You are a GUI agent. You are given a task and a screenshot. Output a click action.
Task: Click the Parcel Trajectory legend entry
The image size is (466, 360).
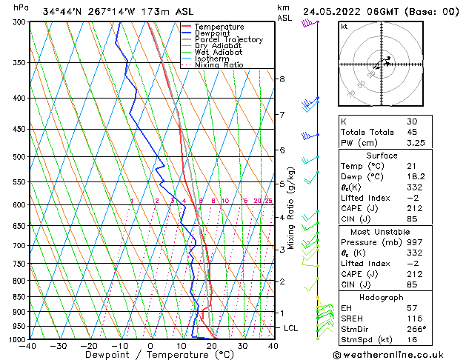coord(228,39)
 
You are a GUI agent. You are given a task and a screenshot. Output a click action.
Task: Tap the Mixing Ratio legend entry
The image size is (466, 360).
coord(219,65)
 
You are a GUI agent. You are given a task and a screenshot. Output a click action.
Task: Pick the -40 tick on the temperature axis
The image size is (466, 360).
coord(29,346)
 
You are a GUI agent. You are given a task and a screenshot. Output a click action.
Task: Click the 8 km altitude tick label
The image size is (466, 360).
coord(282,79)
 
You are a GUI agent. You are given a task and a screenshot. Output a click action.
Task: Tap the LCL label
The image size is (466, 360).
coord(291,327)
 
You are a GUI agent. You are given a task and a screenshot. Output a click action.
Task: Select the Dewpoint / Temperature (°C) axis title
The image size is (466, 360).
coord(150,355)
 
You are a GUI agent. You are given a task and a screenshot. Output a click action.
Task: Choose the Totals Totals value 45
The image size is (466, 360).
coord(412,133)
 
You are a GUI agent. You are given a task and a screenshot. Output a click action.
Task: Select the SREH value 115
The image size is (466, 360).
coord(414,318)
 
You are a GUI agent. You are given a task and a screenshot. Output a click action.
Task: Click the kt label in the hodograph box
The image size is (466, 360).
coord(344,26)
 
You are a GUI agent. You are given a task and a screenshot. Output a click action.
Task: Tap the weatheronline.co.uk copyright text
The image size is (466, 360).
coord(401,354)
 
